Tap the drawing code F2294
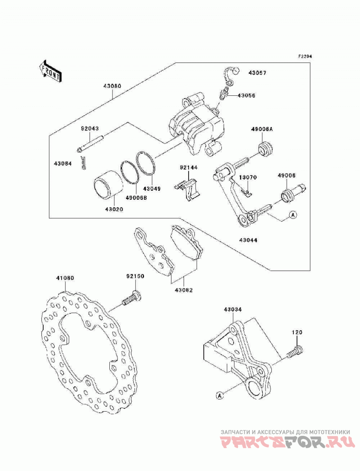[305, 56]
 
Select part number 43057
[257, 73]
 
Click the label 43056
[247, 95]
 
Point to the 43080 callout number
[112, 86]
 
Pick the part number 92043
[90, 129]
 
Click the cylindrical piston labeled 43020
[108, 185]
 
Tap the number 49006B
[136, 198]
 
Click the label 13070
[248, 177]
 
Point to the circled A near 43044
[292, 215]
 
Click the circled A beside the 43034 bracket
[220, 396]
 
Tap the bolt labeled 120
[294, 351]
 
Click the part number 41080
[65, 278]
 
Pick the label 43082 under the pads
[184, 290]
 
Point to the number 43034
[232, 309]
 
